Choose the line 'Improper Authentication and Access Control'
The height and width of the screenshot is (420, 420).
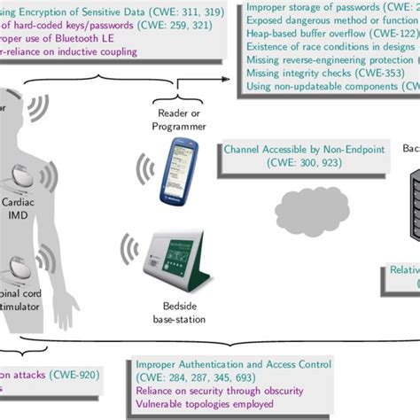click(x=233, y=363)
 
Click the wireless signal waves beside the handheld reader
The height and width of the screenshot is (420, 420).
click(x=144, y=168)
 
